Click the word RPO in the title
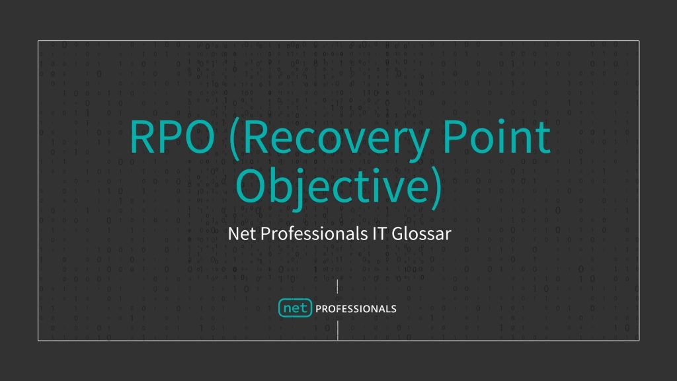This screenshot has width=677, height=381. [171, 136]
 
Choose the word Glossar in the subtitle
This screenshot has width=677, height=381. [422, 233]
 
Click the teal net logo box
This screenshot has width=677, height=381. [295, 308]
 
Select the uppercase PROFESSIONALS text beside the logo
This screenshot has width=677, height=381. [356, 309]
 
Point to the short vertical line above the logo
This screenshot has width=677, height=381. [338, 287]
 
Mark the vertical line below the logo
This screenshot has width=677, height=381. [338, 331]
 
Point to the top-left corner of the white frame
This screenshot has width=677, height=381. [38, 41]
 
